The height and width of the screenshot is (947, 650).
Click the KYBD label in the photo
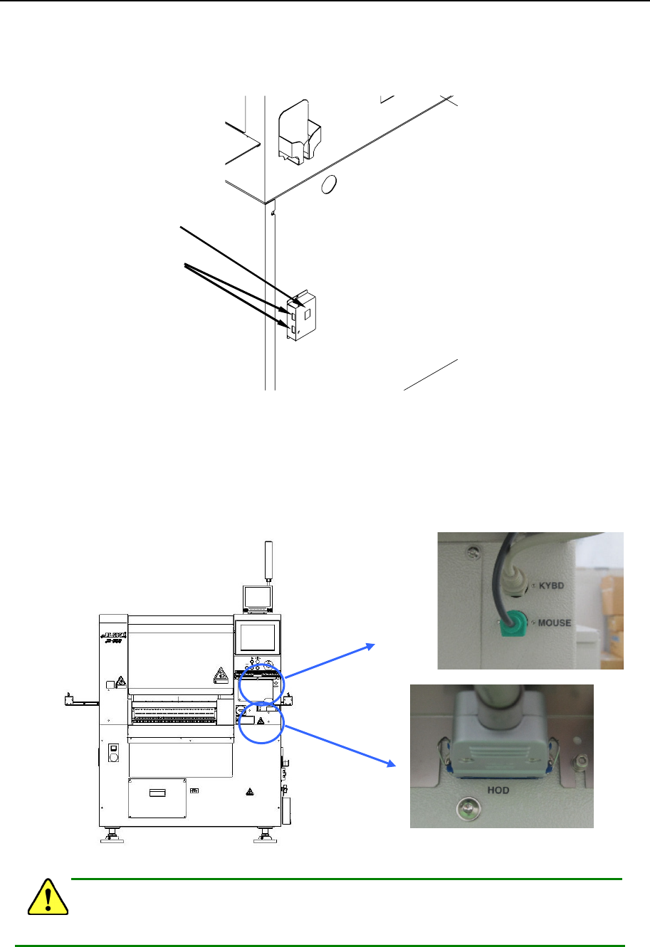pos(551,586)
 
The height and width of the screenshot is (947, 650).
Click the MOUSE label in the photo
pos(554,623)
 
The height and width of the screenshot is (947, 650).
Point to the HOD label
pos(498,790)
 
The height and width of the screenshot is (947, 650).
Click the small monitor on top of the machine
pos(256,598)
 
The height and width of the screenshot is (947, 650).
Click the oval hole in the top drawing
pos(327,185)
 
